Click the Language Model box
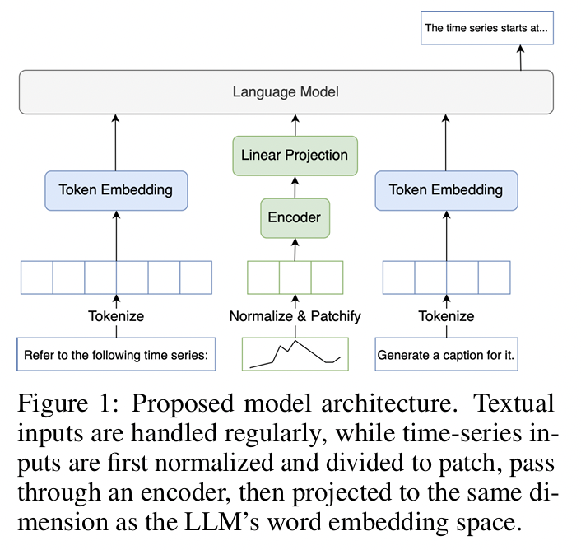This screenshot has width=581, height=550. [x=286, y=91]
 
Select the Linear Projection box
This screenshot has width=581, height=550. [x=295, y=155]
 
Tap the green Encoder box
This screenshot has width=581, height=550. [x=295, y=218]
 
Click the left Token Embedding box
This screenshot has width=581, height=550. [x=116, y=190]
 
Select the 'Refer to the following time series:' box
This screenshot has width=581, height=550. [x=116, y=356]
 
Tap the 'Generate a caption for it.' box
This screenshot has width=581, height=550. [x=450, y=356]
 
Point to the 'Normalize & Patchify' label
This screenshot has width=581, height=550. [x=295, y=316]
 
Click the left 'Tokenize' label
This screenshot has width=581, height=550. [x=116, y=316]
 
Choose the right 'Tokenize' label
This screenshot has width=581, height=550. [x=446, y=316]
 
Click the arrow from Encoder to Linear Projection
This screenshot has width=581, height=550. [x=295, y=186]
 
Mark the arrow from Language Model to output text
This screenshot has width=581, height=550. [x=520, y=58]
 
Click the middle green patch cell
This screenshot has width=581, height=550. [x=295, y=277]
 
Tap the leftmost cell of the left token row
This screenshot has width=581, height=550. [x=37, y=277]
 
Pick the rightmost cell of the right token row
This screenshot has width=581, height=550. [x=495, y=277]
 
